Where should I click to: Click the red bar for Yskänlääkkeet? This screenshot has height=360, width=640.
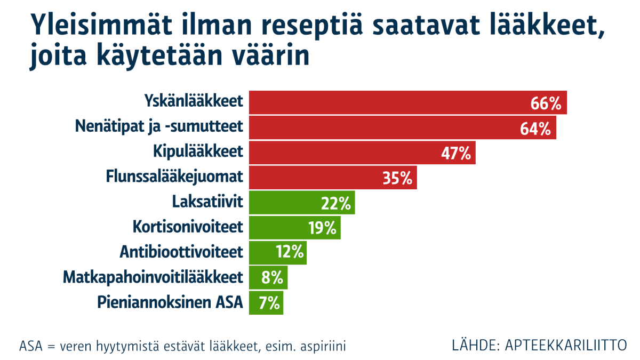click(389, 103)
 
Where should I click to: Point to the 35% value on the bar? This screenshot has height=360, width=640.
click(397, 178)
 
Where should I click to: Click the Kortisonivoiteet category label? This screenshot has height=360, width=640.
click(188, 227)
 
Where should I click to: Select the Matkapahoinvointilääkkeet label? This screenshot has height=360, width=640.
click(153, 277)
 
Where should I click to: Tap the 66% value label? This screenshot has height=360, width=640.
click(546, 103)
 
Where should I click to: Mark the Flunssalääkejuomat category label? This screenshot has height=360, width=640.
click(174, 178)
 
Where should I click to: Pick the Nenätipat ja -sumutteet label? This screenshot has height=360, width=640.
click(159, 128)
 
